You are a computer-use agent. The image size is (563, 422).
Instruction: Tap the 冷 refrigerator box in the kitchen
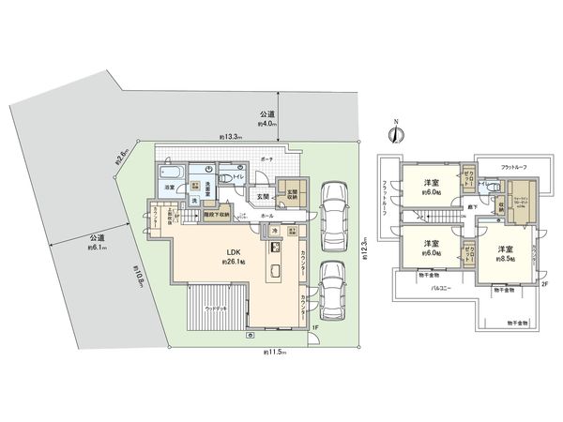(x=273, y=230)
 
